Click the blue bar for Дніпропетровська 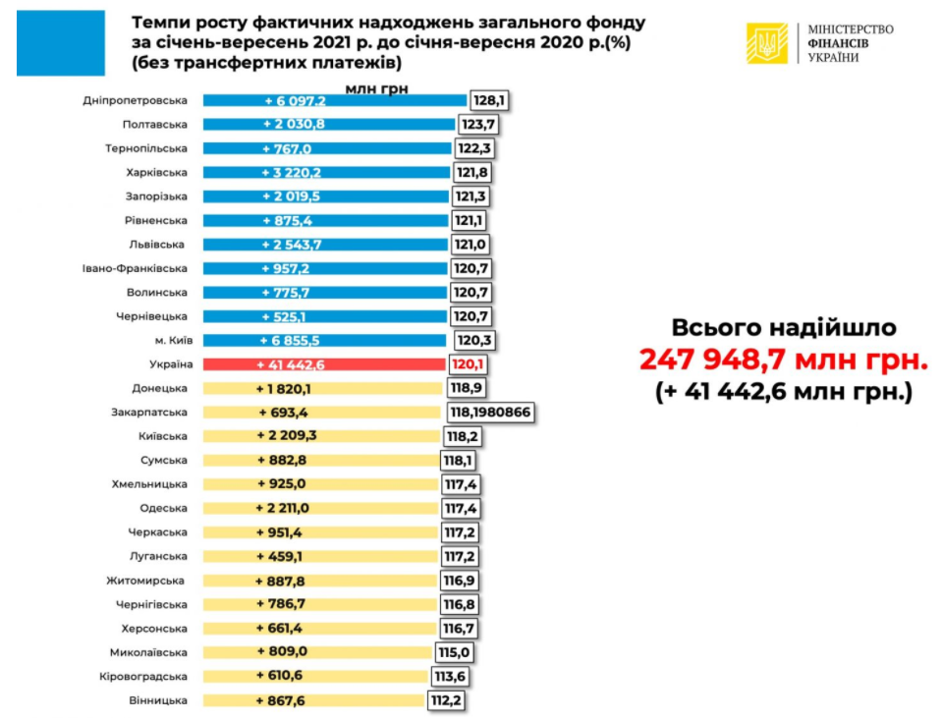point(334,101)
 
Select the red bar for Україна point(324,364)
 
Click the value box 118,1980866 point(490,413)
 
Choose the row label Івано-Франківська point(135,268)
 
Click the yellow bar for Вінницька point(314,700)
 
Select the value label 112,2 point(446,700)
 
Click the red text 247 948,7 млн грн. point(783,360)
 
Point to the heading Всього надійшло point(783,328)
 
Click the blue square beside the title point(61,43)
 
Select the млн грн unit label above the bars point(376,87)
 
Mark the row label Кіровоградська point(143,677)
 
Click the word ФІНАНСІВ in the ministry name point(839,43)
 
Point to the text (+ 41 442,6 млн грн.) point(784,392)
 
